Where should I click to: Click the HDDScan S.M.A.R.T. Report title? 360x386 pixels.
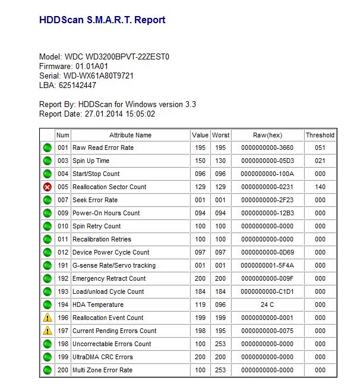(102, 20)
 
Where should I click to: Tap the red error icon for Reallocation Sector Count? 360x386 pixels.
(48, 187)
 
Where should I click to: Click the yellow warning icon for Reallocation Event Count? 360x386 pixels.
(48, 318)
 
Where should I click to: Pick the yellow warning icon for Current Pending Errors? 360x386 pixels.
(48, 331)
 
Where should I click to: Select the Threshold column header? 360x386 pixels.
(320, 135)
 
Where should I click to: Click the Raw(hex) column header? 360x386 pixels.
(267, 135)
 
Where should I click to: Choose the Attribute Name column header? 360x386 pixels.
(130, 135)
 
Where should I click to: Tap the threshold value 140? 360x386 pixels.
(320, 187)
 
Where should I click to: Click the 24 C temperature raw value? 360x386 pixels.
(267, 305)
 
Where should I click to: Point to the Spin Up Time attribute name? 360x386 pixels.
(91, 161)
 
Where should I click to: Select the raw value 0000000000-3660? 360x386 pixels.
(267, 148)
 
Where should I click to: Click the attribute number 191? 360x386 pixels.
(63, 265)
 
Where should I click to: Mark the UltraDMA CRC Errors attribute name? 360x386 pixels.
(103, 357)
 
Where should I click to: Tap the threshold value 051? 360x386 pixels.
(320, 148)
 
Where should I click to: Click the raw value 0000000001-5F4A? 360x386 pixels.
(267, 265)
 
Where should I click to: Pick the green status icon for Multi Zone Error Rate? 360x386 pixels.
(48, 370)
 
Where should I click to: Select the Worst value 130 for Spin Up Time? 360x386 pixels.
(220, 161)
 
